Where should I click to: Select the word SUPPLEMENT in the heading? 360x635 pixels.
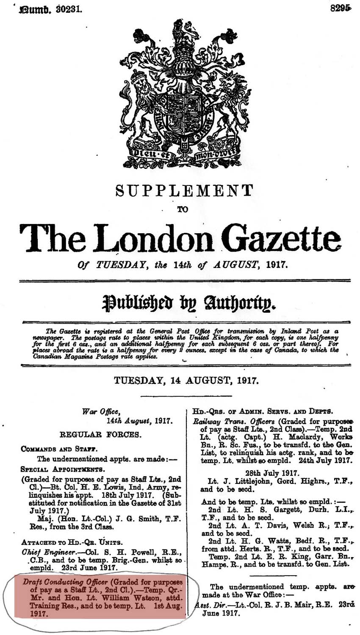pyautogui.click(x=184, y=191)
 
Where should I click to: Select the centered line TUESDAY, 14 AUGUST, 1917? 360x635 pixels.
pyautogui.click(x=186, y=380)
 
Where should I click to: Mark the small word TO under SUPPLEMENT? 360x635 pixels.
pyautogui.click(x=183, y=209)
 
